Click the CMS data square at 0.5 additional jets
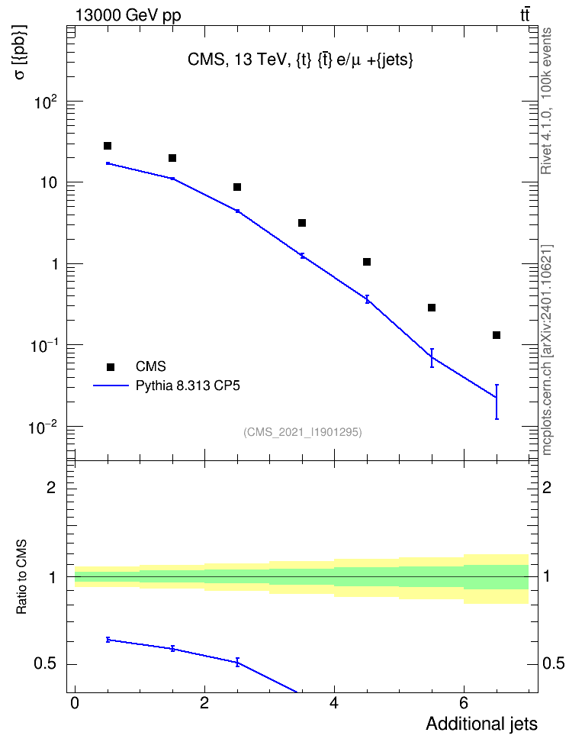108,146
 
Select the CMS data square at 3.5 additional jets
302,223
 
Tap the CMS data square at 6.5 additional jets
497,335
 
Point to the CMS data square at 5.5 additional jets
432,308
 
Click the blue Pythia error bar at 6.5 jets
497,402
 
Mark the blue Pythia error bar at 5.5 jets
432,358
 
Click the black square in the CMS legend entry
111,366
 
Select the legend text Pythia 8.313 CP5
188,386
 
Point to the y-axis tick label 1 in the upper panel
55,264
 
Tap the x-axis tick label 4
334,703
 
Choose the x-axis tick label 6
464,703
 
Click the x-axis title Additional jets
481,724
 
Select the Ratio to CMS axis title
21,577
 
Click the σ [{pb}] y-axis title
21,52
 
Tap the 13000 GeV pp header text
128,15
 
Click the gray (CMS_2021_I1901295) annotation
303,432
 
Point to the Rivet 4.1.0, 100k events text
546,101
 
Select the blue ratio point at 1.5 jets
172,648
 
